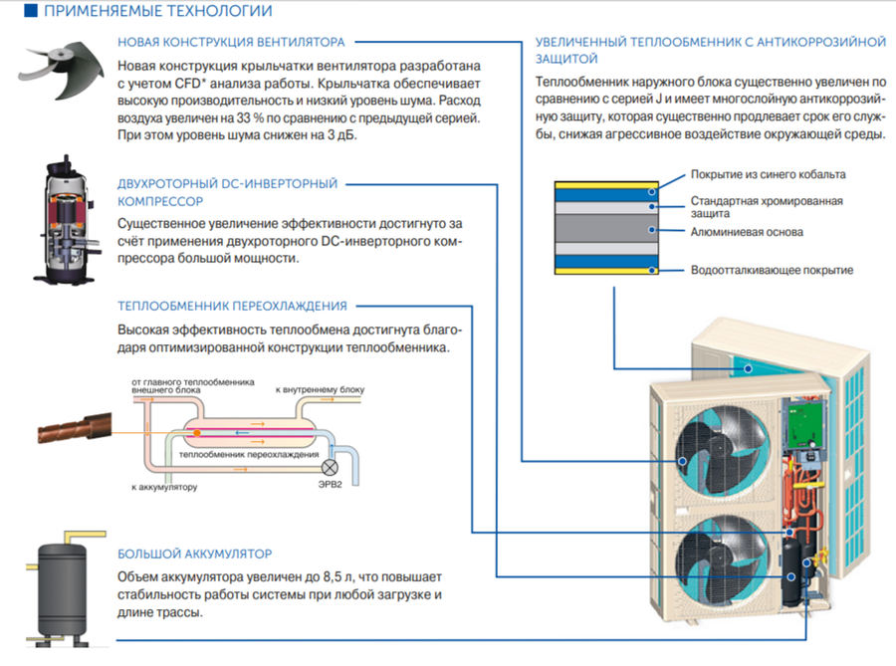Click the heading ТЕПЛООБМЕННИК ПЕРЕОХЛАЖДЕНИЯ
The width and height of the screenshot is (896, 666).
[232, 306]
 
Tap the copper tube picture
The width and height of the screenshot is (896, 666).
[71, 431]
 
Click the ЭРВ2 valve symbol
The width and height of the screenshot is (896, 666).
[332, 466]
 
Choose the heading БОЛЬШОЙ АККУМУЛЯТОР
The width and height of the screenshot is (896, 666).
[195, 553]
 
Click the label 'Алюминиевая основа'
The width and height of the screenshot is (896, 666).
[747, 232]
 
